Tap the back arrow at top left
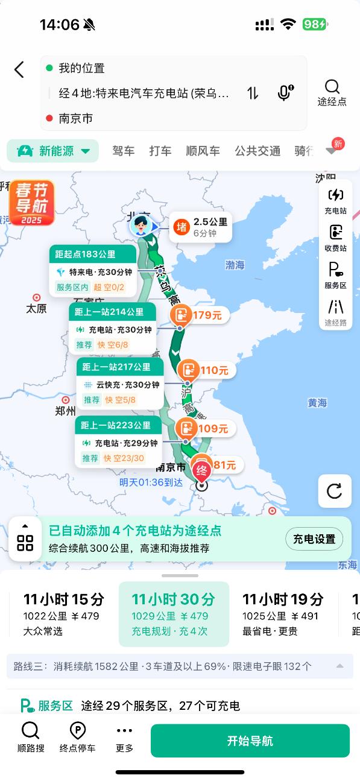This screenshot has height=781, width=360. (x=19, y=69)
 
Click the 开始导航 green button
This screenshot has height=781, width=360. (x=250, y=741)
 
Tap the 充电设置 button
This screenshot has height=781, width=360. (x=314, y=539)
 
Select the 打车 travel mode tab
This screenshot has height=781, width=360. (x=160, y=151)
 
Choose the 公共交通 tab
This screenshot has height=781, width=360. (x=257, y=151)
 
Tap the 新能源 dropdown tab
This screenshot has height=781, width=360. (x=53, y=151)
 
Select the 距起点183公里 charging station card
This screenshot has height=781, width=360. (x=93, y=270)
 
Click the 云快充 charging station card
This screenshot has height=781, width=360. (x=120, y=384)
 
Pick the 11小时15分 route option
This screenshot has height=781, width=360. (x=63, y=614)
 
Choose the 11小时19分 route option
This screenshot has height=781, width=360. (x=282, y=614)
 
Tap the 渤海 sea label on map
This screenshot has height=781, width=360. (x=235, y=265)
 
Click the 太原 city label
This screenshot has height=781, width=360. (x=36, y=308)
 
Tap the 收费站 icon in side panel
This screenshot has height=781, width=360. (x=335, y=238)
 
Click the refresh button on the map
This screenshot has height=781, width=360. (x=335, y=490)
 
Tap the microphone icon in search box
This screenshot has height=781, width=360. (x=285, y=93)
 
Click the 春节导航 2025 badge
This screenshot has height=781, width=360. (x=31, y=202)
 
